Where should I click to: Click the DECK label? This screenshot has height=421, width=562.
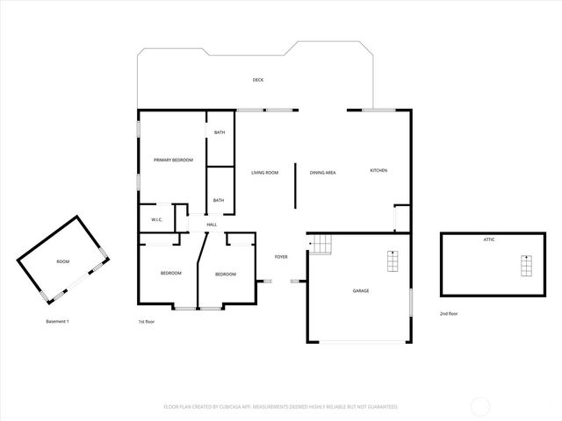[258, 80]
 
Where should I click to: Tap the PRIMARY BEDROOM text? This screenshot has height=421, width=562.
[173, 160]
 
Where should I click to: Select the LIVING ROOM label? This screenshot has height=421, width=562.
[264, 173]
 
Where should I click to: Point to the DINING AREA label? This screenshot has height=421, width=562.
[323, 173]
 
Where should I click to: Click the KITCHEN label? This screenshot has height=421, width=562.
[378, 170]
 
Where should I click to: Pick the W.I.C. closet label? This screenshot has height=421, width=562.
[156, 219]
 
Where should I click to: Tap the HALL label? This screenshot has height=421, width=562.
[212, 225]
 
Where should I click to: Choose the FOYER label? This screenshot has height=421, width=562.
[281, 257]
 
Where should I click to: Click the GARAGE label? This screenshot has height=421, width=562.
[361, 290]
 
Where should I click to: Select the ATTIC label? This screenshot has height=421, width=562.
[489, 239]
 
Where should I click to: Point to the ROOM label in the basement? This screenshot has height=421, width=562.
[62, 261]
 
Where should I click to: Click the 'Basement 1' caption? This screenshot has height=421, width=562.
[57, 322]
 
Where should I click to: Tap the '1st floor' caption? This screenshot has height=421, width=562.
[147, 322]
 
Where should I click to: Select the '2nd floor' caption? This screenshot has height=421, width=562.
[449, 313]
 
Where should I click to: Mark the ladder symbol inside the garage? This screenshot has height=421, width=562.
[392, 260]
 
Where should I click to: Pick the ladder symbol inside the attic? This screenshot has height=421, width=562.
[526, 264]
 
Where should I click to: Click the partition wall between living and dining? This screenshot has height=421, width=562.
[295, 185]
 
